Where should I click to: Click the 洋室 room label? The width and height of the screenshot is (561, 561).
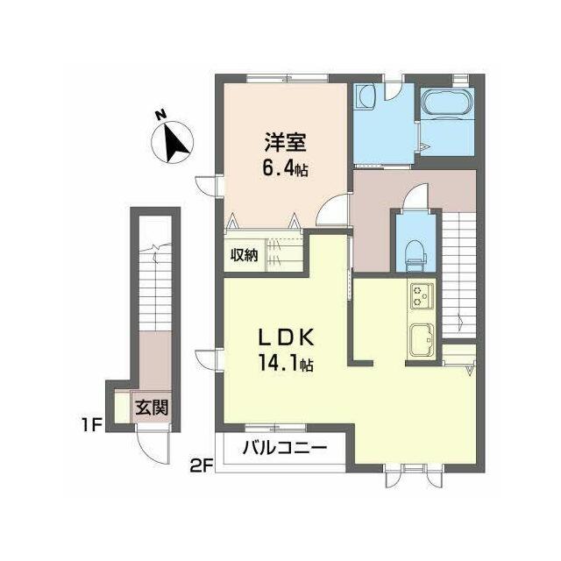click(x=285, y=142)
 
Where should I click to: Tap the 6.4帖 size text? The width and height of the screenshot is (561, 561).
click(x=285, y=167)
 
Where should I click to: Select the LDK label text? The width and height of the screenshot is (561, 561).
click(x=287, y=337)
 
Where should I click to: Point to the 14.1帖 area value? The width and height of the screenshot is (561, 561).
click(x=285, y=364)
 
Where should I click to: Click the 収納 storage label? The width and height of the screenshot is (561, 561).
click(x=244, y=255)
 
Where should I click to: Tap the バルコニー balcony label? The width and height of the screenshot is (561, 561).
click(x=285, y=448)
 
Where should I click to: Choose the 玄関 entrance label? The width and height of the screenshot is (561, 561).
click(x=152, y=407)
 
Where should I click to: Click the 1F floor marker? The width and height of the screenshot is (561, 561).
click(x=91, y=425)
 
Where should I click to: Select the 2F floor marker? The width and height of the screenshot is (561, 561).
click(x=202, y=466)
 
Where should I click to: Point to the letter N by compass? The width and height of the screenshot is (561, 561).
click(x=160, y=115)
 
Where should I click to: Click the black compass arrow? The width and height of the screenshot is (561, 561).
click(x=176, y=142)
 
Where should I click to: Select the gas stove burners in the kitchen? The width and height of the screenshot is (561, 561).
click(x=423, y=296)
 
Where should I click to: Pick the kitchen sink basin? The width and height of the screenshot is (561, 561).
click(x=423, y=340)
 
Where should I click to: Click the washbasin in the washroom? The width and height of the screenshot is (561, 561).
click(x=365, y=96)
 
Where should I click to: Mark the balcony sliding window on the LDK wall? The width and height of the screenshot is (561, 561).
click(x=276, y=428)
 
